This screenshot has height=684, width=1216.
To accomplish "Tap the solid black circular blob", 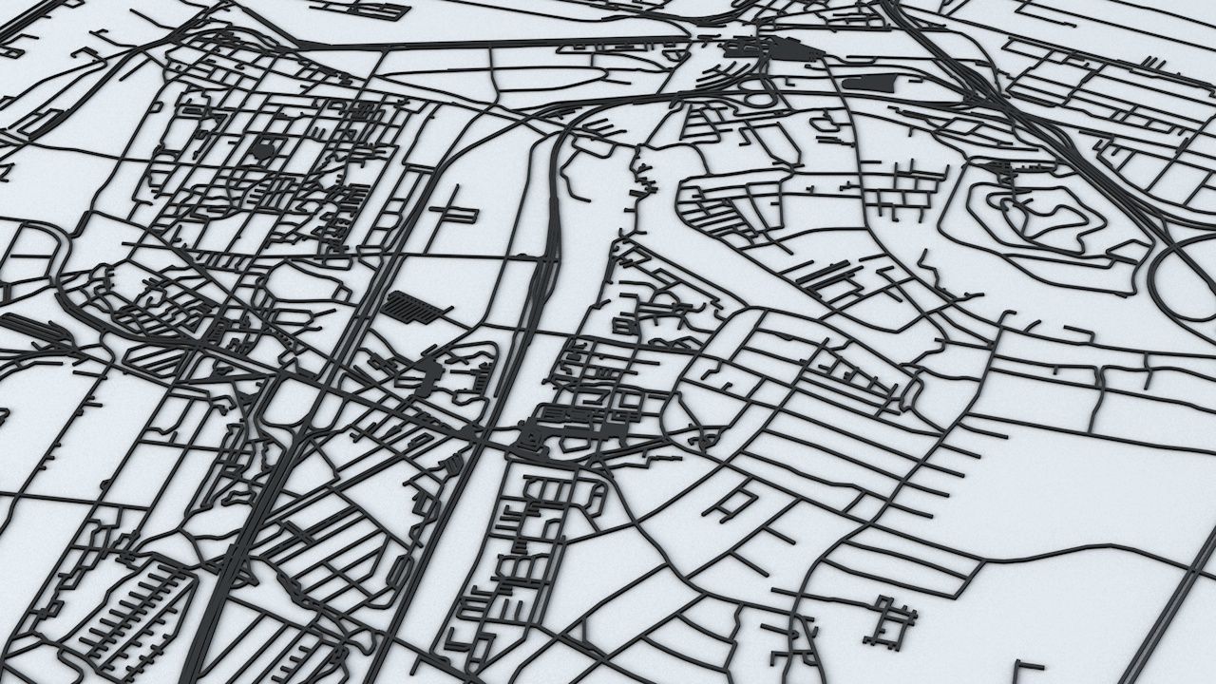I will point(264,149).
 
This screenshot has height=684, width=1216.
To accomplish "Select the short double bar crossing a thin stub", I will point(453,210).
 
